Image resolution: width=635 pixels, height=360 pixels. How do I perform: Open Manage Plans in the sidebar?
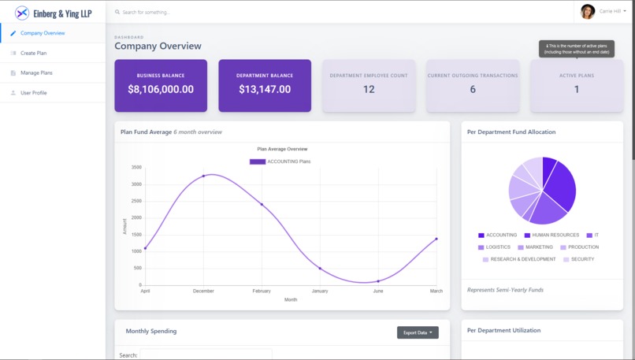pos(36,72)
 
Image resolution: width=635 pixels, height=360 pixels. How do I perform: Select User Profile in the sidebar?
pos(33,93)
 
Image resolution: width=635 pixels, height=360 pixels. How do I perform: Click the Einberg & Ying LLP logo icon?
pos(22,13)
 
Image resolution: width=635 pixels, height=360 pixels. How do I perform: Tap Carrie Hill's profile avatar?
pos(588,11)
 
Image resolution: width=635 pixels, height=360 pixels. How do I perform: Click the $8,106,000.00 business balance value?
pos(161,89)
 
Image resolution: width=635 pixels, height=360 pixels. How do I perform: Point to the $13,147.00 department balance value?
pos(265,89)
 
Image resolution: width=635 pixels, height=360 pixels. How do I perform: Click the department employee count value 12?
pos(369,89)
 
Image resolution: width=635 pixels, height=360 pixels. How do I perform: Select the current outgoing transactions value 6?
pos(473,89)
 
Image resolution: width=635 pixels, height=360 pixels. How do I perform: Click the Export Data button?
pos(418,332)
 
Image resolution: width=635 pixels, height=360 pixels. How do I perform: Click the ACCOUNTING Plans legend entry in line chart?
pos(280,161)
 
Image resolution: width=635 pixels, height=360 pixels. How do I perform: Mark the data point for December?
pos(203,176)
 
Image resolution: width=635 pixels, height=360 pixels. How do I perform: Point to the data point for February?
pos(262,205)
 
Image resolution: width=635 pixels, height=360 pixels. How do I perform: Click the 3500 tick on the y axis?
pos(136,167)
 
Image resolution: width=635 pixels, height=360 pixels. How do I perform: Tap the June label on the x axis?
pos(378,291)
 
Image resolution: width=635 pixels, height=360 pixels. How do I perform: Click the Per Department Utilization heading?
pos(503,330)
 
